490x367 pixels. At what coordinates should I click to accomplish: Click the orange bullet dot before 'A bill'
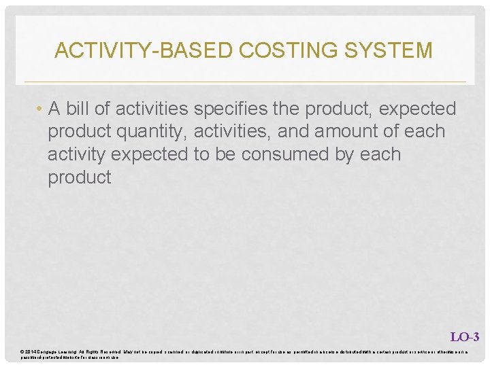41,109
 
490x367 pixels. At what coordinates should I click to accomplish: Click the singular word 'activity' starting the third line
76,154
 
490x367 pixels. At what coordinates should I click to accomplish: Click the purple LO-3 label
465,336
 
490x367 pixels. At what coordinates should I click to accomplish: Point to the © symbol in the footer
22,351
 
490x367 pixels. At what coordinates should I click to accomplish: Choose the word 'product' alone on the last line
79,177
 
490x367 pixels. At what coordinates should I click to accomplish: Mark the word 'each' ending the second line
425,131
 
